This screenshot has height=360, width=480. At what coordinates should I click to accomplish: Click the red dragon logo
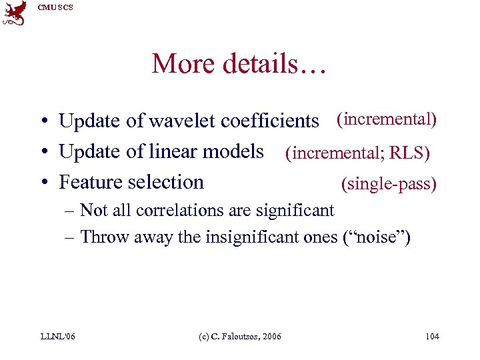(14, 13)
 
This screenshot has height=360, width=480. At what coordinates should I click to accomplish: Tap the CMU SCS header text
(56, 7)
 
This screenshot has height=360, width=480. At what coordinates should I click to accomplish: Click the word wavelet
(182, 121)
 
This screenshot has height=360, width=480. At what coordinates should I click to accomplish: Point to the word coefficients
(269, 121)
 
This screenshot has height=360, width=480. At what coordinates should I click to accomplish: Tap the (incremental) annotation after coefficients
(387, 119)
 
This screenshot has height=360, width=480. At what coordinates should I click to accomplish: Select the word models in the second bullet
(234, 151)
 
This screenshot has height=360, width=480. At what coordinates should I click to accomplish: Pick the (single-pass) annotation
(389, 183)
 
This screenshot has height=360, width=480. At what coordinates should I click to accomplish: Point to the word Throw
(105, 237)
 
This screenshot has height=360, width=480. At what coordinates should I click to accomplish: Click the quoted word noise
(377, 237)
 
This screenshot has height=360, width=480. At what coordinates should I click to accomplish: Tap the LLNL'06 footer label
(57, 336)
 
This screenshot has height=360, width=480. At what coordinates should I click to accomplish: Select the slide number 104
(432, 336)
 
